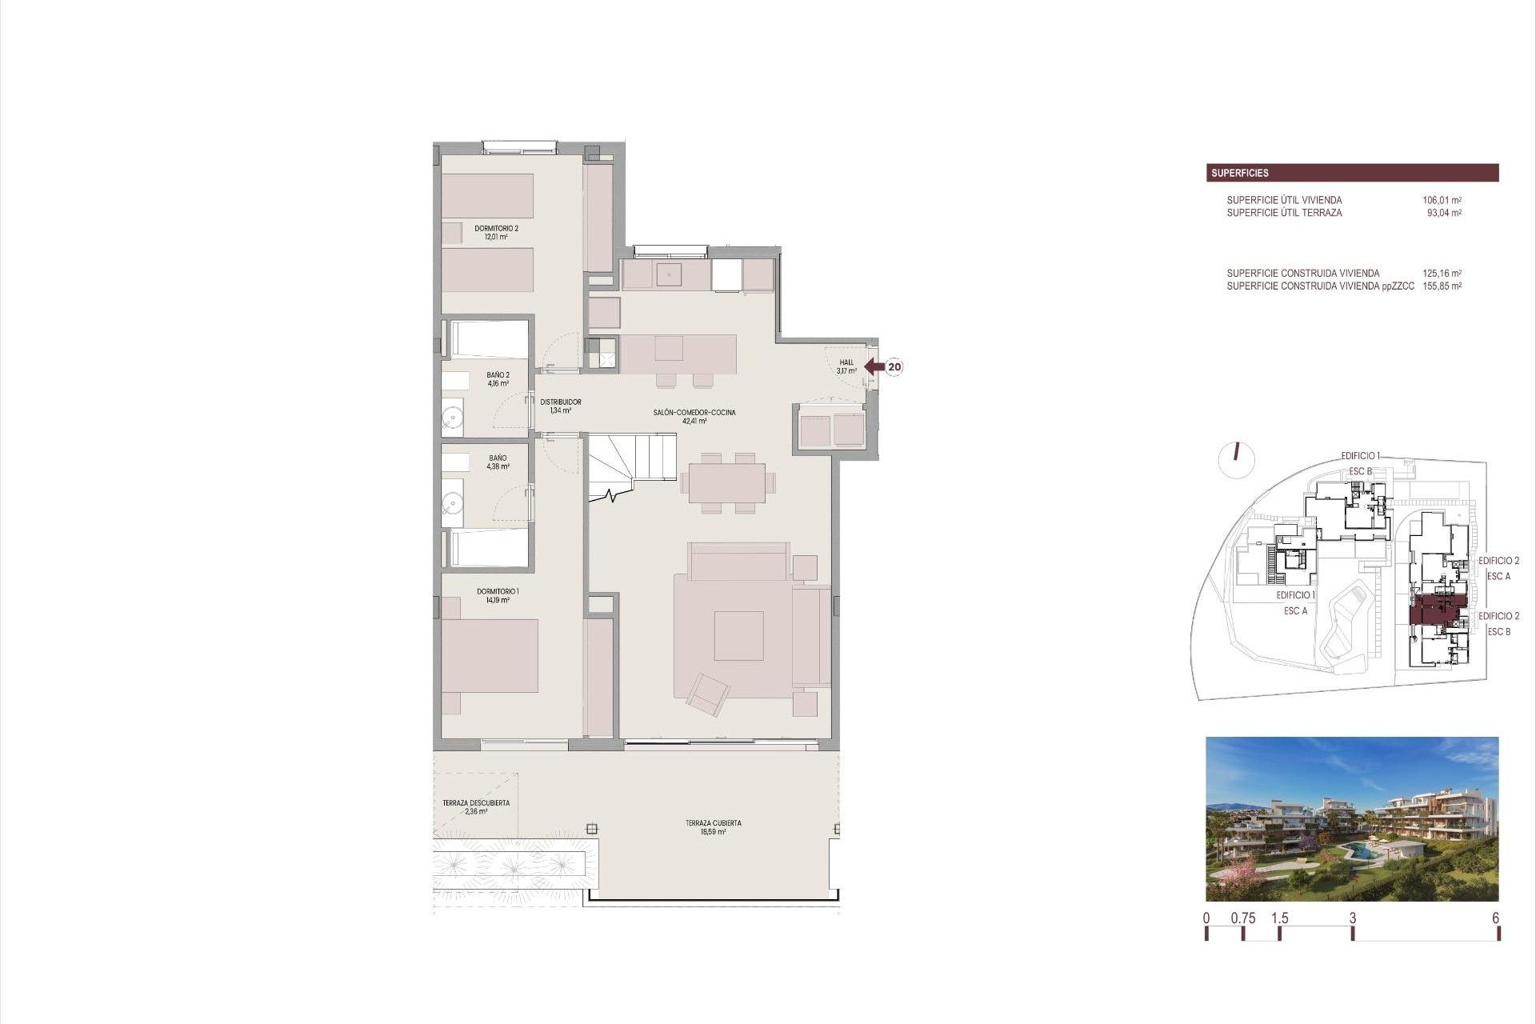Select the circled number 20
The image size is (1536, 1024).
click(x=894, y=367)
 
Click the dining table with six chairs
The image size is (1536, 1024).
click(x=727, y=483)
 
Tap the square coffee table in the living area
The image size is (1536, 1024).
click(x=738, y=636)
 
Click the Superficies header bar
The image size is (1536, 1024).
click(x=1352, y=173)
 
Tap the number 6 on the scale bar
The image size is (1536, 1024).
click(x=1496, y=918)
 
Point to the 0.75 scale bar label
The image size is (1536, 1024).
click(x=1243, y=918)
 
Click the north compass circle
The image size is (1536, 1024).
click(x=1237, y=459)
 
